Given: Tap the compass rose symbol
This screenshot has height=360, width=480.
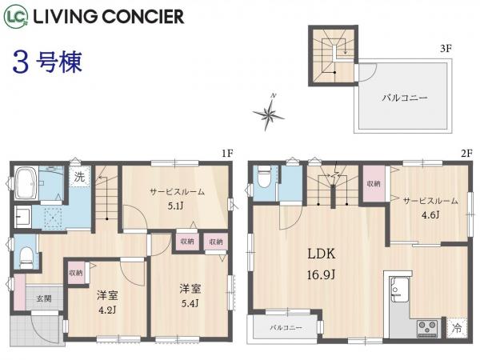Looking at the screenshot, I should [x=269, y=114].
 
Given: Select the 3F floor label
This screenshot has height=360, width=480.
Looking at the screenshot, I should [x=446, y=48].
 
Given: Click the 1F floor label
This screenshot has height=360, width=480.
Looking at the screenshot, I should [x=226, y=153].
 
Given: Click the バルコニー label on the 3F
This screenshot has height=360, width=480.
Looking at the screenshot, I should [x=404, y=98].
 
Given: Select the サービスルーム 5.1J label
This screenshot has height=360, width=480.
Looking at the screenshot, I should [x=176, y=198].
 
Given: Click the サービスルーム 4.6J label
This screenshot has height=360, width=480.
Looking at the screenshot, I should [x=430, y=206].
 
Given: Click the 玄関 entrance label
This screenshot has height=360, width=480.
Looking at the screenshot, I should [x=42, y=298].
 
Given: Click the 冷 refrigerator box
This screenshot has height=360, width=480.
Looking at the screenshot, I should [x=456, y=328].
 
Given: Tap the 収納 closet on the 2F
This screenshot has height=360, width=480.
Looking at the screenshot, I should [x=374, y=184].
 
